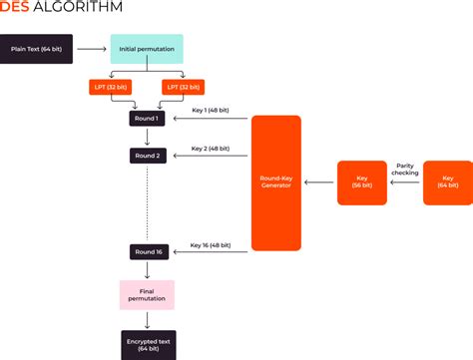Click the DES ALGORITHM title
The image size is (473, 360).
click(x=62, y=7)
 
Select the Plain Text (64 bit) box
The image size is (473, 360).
click(x=36, y=48)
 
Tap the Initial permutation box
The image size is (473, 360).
click(x=147, y=48)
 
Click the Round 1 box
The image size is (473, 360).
click(x=147, y=119)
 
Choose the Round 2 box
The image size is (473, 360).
click(x=147, y=156)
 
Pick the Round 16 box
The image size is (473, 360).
click(x=147, y=252)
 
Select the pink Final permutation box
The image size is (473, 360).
click(x=147, y=294)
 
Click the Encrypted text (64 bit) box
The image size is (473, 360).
click(x=148, y=343)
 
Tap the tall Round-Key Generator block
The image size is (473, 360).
click(x=275, y=182)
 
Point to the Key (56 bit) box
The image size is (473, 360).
click(x=361, y=182)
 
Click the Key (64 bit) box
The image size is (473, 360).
click(x=447, y=182)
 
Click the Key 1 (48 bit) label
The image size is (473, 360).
click(x=212, y=110)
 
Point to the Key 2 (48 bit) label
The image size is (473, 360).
click(x=212, y=147)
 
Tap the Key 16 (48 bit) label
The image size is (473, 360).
click(x=212, y=243)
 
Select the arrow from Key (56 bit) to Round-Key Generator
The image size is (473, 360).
click(x=319, y=182)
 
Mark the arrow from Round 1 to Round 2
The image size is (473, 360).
click(x=147, y=137)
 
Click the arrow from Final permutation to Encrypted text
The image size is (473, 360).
click(x=147, y=319)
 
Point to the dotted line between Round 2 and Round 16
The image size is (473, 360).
click(x=147, y=204)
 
